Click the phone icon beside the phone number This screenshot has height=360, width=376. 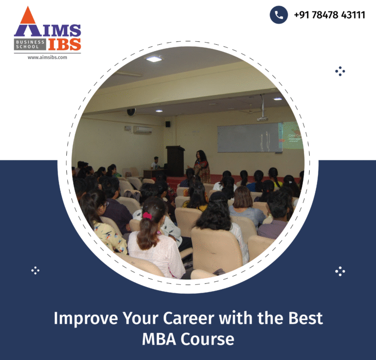(278, 15)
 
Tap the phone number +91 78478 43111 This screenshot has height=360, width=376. (329, 15)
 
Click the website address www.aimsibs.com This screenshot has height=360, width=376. (47, 58)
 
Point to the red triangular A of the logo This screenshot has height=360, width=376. (26, 24)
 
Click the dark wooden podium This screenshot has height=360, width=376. (175, 161)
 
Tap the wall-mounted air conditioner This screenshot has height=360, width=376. (143, 130)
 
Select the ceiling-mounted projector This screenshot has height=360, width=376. (262, 117)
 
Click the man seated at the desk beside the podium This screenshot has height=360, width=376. (155, 164)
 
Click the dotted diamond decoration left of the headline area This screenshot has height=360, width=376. (35, 270)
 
